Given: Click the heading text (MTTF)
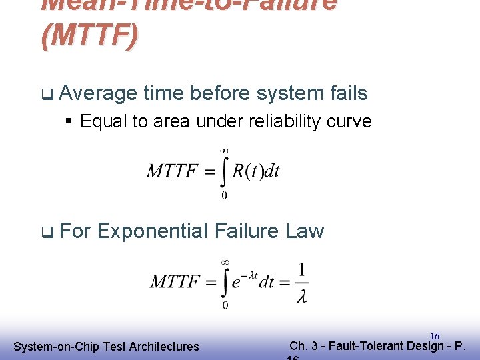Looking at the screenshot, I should point(89,35).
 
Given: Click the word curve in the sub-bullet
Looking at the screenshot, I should point(349,121).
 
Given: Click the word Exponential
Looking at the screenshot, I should point(153,231).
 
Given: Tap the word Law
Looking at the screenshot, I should point(305,231).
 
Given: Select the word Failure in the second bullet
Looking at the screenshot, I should point(247,231).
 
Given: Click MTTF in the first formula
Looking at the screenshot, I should point(171,171).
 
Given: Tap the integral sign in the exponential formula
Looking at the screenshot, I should point(225,282).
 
